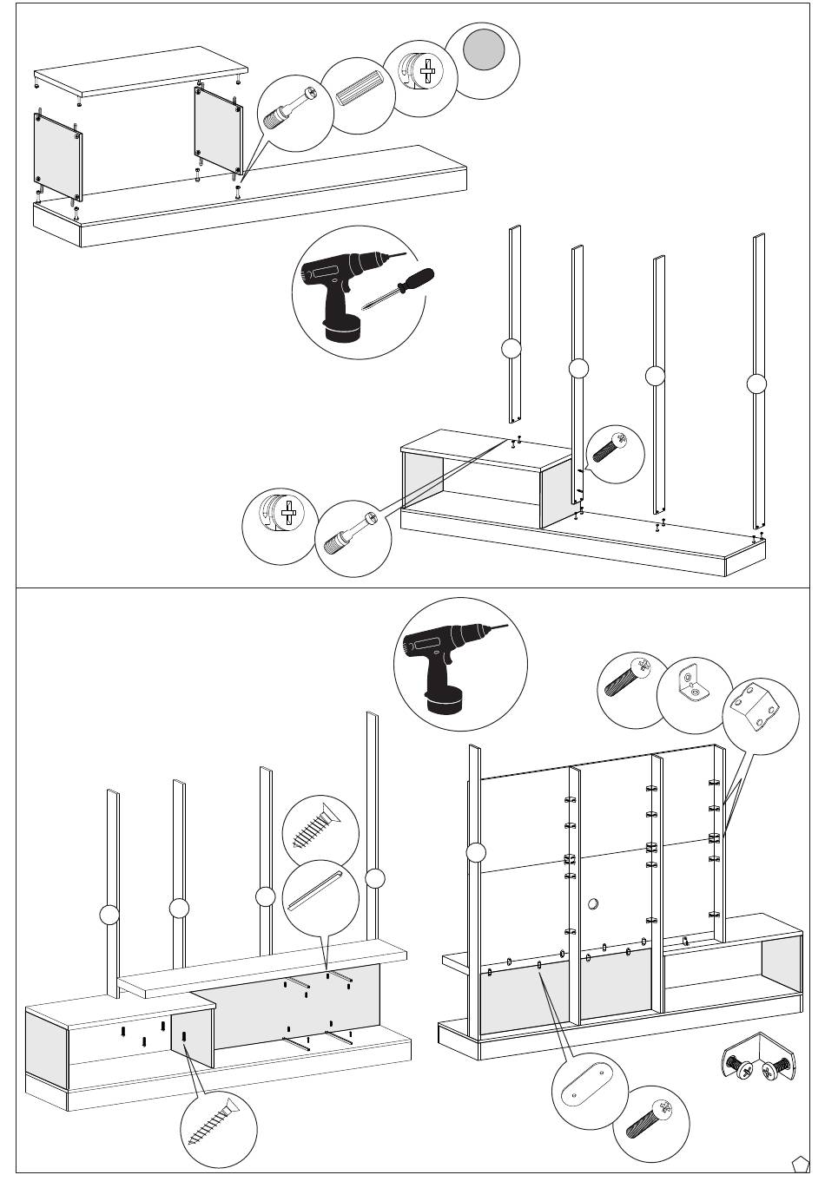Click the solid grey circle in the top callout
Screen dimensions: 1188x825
(x=485, y=50)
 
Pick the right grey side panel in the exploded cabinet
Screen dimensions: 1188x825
(x=218, y=130)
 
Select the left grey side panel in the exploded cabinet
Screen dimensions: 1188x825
(x=58, y=157)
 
